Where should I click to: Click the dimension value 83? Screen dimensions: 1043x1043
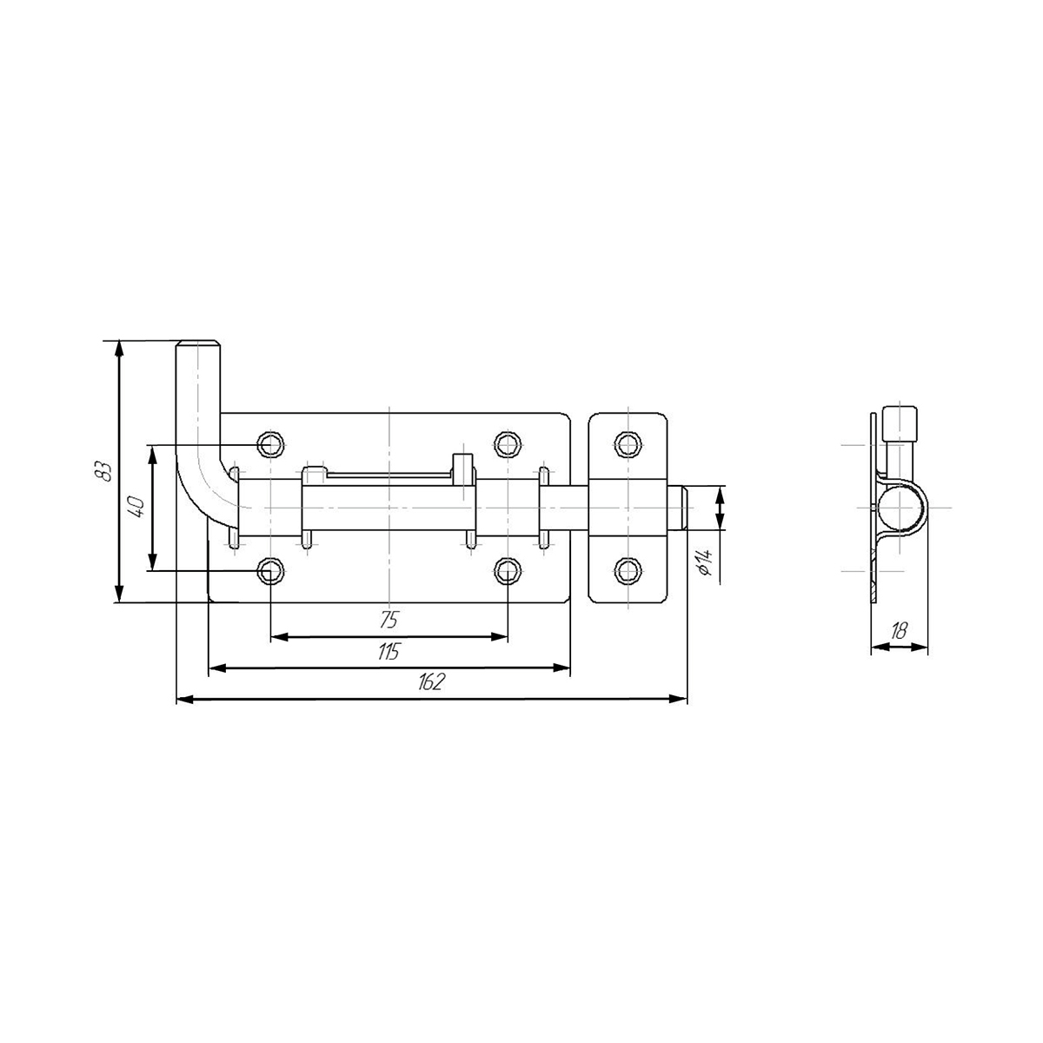click(103, 470)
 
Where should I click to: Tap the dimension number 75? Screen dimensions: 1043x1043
click(389, 620)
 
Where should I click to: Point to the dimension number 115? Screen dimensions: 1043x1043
click(388, 652)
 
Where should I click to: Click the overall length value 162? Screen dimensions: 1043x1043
click(431, 682)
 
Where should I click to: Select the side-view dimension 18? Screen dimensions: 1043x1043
click(899, 630)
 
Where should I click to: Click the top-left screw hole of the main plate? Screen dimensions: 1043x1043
click(270, 445)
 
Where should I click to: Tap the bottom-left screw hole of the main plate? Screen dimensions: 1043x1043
click(270, 571)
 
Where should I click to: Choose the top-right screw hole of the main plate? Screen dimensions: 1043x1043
click(508, 445)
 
